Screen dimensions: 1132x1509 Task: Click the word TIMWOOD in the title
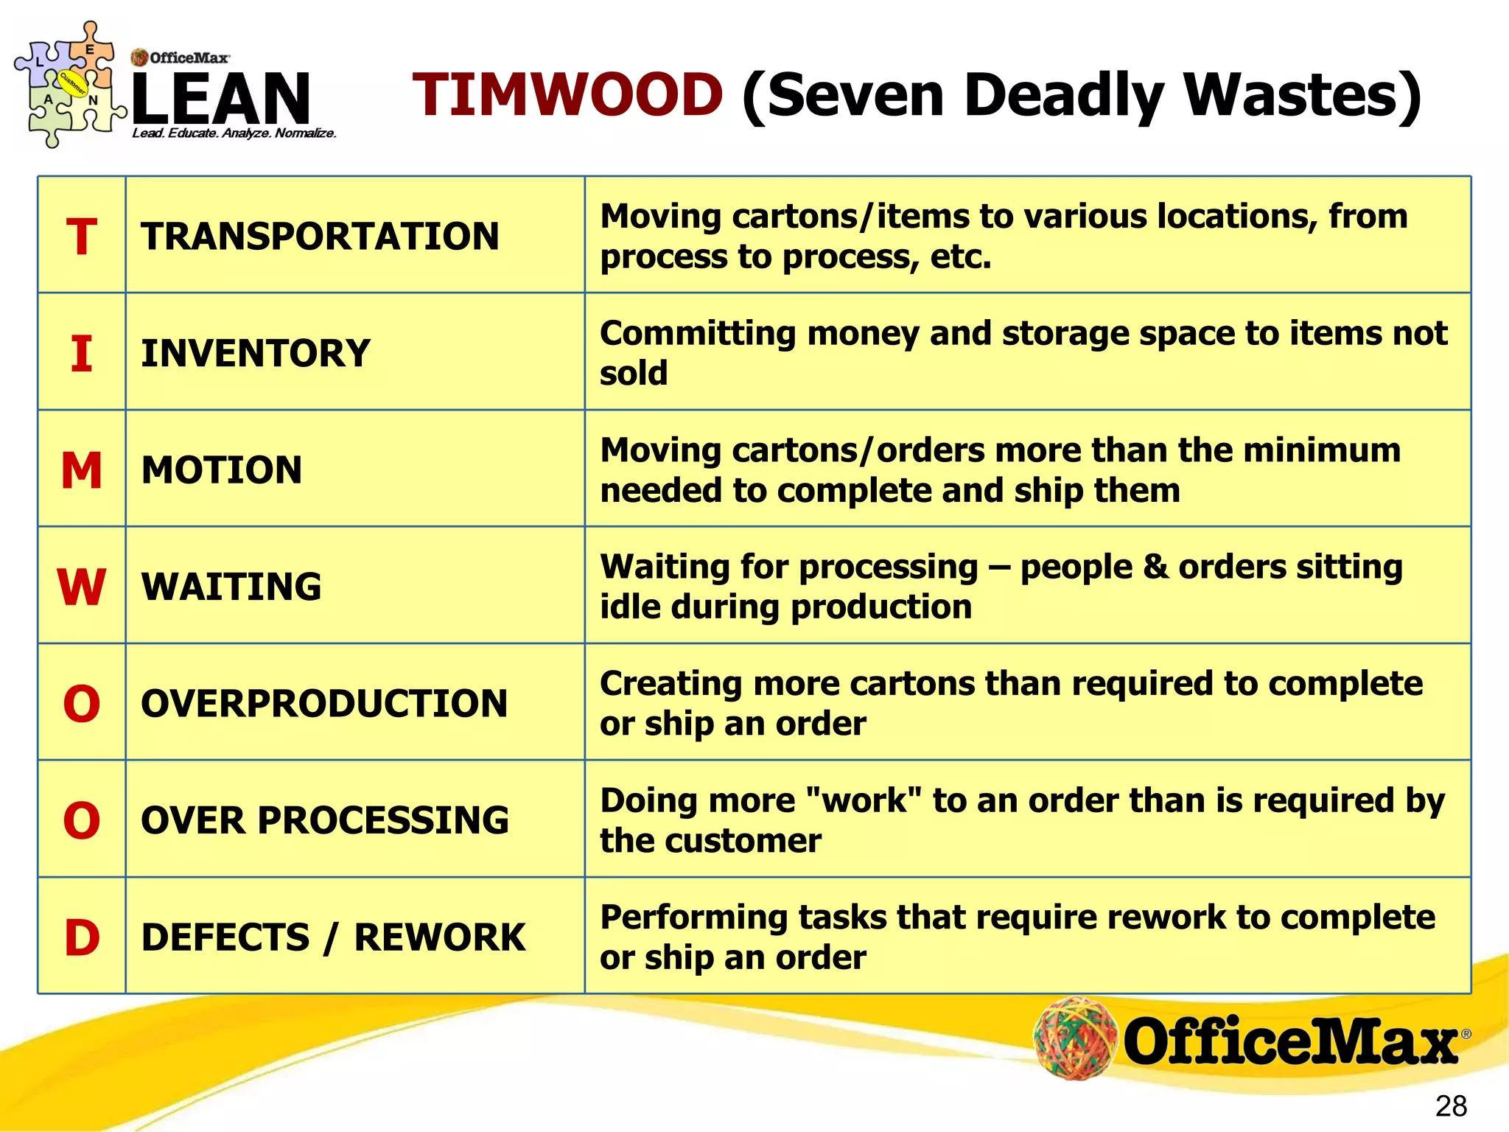[x=567, y=95]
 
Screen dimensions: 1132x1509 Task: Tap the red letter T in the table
[x=81, y=237]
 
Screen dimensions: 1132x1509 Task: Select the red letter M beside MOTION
[x=81, y=470]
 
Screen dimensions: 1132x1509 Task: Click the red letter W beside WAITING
[x=81, y=587]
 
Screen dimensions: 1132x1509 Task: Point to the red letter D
[x=82, y=937]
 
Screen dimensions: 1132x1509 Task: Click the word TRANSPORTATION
[x=320, y=237]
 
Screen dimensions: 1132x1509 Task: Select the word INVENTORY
[x=256, y=353]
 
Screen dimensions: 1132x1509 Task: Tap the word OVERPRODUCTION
[x=324, y=704]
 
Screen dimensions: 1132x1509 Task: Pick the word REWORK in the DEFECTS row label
[x=440, y=937]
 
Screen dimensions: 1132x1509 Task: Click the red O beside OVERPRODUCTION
[x=81, y=704]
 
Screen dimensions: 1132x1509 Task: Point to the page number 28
[x=1451, y=1106]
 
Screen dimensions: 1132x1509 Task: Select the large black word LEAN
[x=221, y=98]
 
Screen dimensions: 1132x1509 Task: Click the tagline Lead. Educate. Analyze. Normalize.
[x=234, y=133]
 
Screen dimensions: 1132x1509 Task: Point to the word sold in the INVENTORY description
[x=634, y=373]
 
